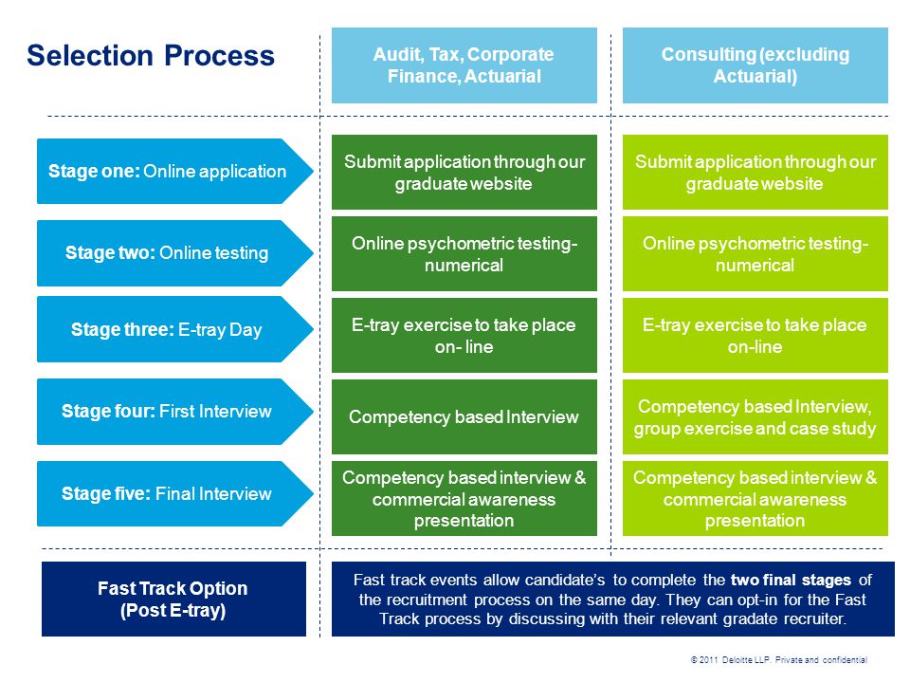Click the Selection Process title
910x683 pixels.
click(x=151, y=56)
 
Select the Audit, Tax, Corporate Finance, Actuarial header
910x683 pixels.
click(x=464, y=65)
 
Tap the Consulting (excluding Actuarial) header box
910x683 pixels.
click(x=755, y=65)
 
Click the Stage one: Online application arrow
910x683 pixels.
click(x=174, y=172)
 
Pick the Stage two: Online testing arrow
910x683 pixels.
click(x=174, y=253)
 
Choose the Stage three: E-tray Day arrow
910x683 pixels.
click(x=174, y=329)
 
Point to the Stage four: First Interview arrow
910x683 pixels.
click(x=174, y=412)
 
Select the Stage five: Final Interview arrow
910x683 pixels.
click(x=174, y=493)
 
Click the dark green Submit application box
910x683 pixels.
click(x=464, y=172)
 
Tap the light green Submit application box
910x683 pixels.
click(x=755, y=172)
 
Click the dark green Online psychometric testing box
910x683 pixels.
click(x=464, y=254)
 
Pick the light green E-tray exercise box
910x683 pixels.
click(x=755, y=335)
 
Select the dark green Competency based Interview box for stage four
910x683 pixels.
click(x=464, y=417)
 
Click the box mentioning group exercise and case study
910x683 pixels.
click(x=755, y=417)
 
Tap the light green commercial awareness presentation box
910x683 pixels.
click(x=755, y=498)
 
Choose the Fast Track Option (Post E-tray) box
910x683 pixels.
click(x=173, y=599)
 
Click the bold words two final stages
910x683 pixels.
click(x=791, y=580)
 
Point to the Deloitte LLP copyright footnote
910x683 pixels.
click(x=779, y=660)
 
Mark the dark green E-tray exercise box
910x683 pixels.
click(x=464, y=335)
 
